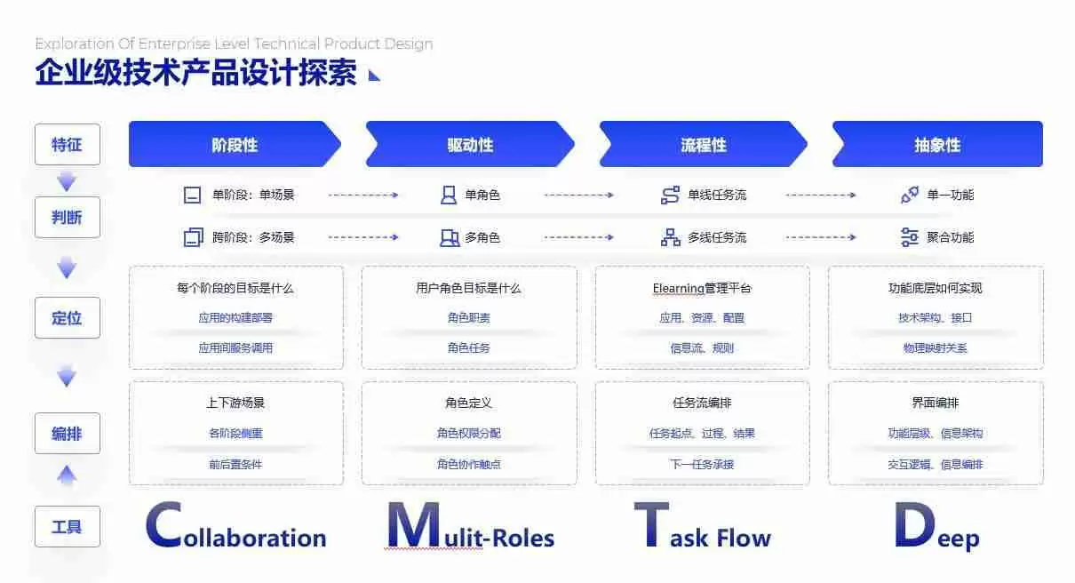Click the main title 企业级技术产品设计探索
click(x=195, y=73)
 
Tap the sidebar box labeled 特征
click(x=67, y=145)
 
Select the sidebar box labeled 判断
click(x=67, y=217)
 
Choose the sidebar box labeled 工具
click(x=67, y=526)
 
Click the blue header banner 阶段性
click(x=235, y=145)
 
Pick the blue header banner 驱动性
click(x=470, y=145)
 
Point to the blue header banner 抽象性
click(x=937, y=145)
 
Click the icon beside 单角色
click(x=449, y=196)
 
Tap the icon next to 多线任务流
click(x=670, y=237)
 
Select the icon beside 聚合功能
click(x=909, y=237)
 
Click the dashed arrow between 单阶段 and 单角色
click(x=363, y=196)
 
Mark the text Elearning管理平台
click(x=702, y=288)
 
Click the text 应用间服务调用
click(x=235, y=348)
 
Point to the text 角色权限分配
click(x=468, y=434)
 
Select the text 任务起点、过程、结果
click(x=702, y=434)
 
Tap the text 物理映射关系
click(x=935, y=348)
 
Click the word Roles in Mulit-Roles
click(x=519, y=539)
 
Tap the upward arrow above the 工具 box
click(x=67, y=475)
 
